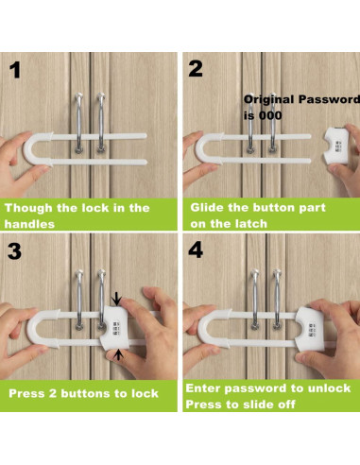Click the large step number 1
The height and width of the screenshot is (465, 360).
[x=15, y=70]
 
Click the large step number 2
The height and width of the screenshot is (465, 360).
[x=196, y=68]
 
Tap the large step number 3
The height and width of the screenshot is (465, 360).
[x=14, y=251]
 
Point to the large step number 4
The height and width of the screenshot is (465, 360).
[x=196, y=250]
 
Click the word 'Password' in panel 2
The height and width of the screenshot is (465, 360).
[x=329, y=99]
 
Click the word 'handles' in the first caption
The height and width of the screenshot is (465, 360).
[x=29, y=224]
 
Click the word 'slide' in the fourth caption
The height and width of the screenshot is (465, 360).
[x=257, y=405]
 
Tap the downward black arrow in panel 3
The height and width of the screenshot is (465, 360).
[x=117, y=299]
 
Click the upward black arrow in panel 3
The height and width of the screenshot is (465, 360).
[x=118, y=354]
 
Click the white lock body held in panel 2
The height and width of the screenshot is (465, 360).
[x=336, y=146]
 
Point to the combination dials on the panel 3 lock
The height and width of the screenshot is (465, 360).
[x=115, y=328]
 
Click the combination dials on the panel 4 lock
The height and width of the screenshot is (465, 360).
[x=313, y=331]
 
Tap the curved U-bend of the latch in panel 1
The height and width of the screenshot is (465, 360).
[x=30, y=148]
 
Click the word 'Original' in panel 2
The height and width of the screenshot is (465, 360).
[x=269, y=99]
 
